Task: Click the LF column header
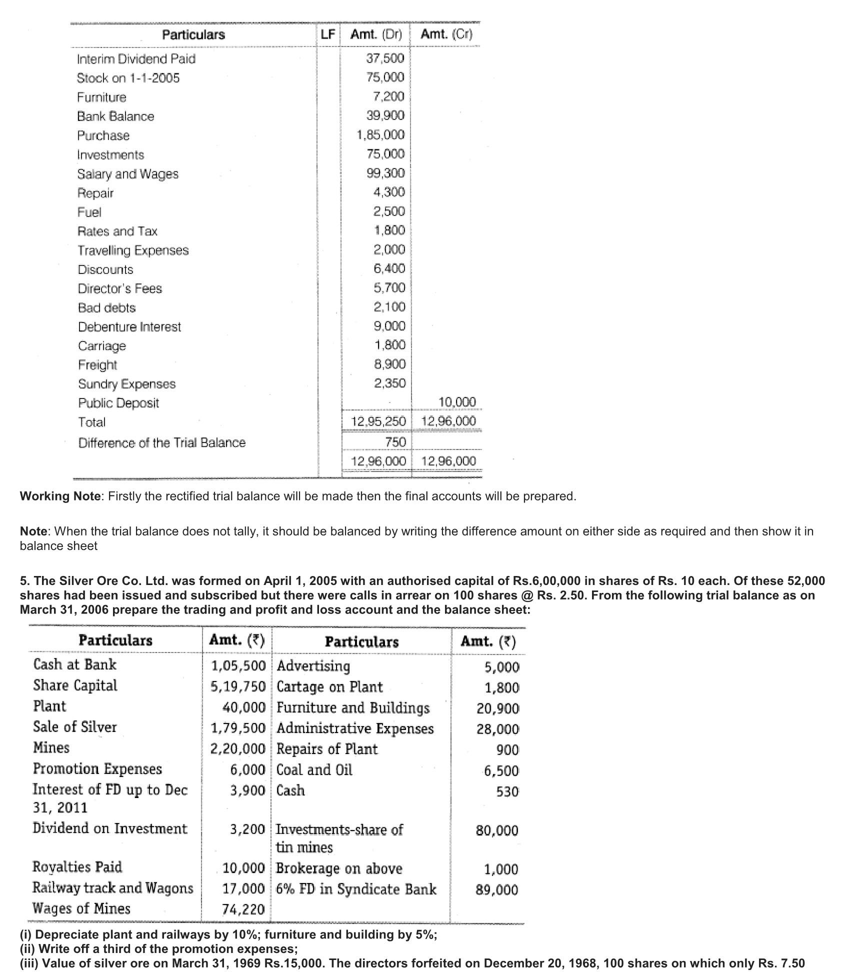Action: [x=328, y=34]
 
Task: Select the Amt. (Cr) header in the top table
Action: [x=446, y=34]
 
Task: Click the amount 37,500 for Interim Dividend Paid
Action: [x=384, y=58]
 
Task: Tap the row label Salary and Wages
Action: [x=127, y=174]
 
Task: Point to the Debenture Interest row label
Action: [x=129, y=327]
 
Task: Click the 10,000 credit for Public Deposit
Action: [x=457, y=402]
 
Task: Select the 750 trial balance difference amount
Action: [x=395, y=442]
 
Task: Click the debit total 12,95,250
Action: [x=378, y=421]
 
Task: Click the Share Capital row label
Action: [x=75, y=685]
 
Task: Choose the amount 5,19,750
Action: [x=237, y=686]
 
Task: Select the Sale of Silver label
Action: [x=74, y=727]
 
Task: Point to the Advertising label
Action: [x=313, y=666]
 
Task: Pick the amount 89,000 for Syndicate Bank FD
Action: [x=497, y=890]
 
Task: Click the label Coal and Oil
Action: [x=314, y=770]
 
